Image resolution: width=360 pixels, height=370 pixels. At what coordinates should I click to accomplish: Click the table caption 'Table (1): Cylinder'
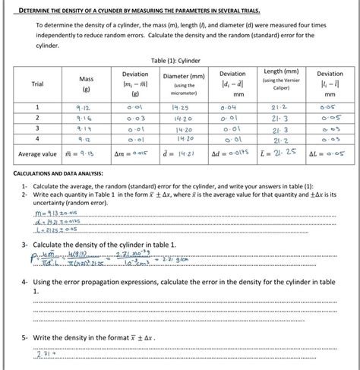[x=179, y=59]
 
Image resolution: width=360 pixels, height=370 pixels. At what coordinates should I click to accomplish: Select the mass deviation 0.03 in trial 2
[x=135, y=119]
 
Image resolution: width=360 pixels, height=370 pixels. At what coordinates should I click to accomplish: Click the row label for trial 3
[x=36, y=130]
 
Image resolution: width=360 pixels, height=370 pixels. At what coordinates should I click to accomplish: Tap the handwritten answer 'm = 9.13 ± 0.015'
[x=55, y=213]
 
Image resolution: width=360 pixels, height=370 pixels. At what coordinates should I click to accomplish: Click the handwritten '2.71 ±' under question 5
[x=46, y=354]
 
